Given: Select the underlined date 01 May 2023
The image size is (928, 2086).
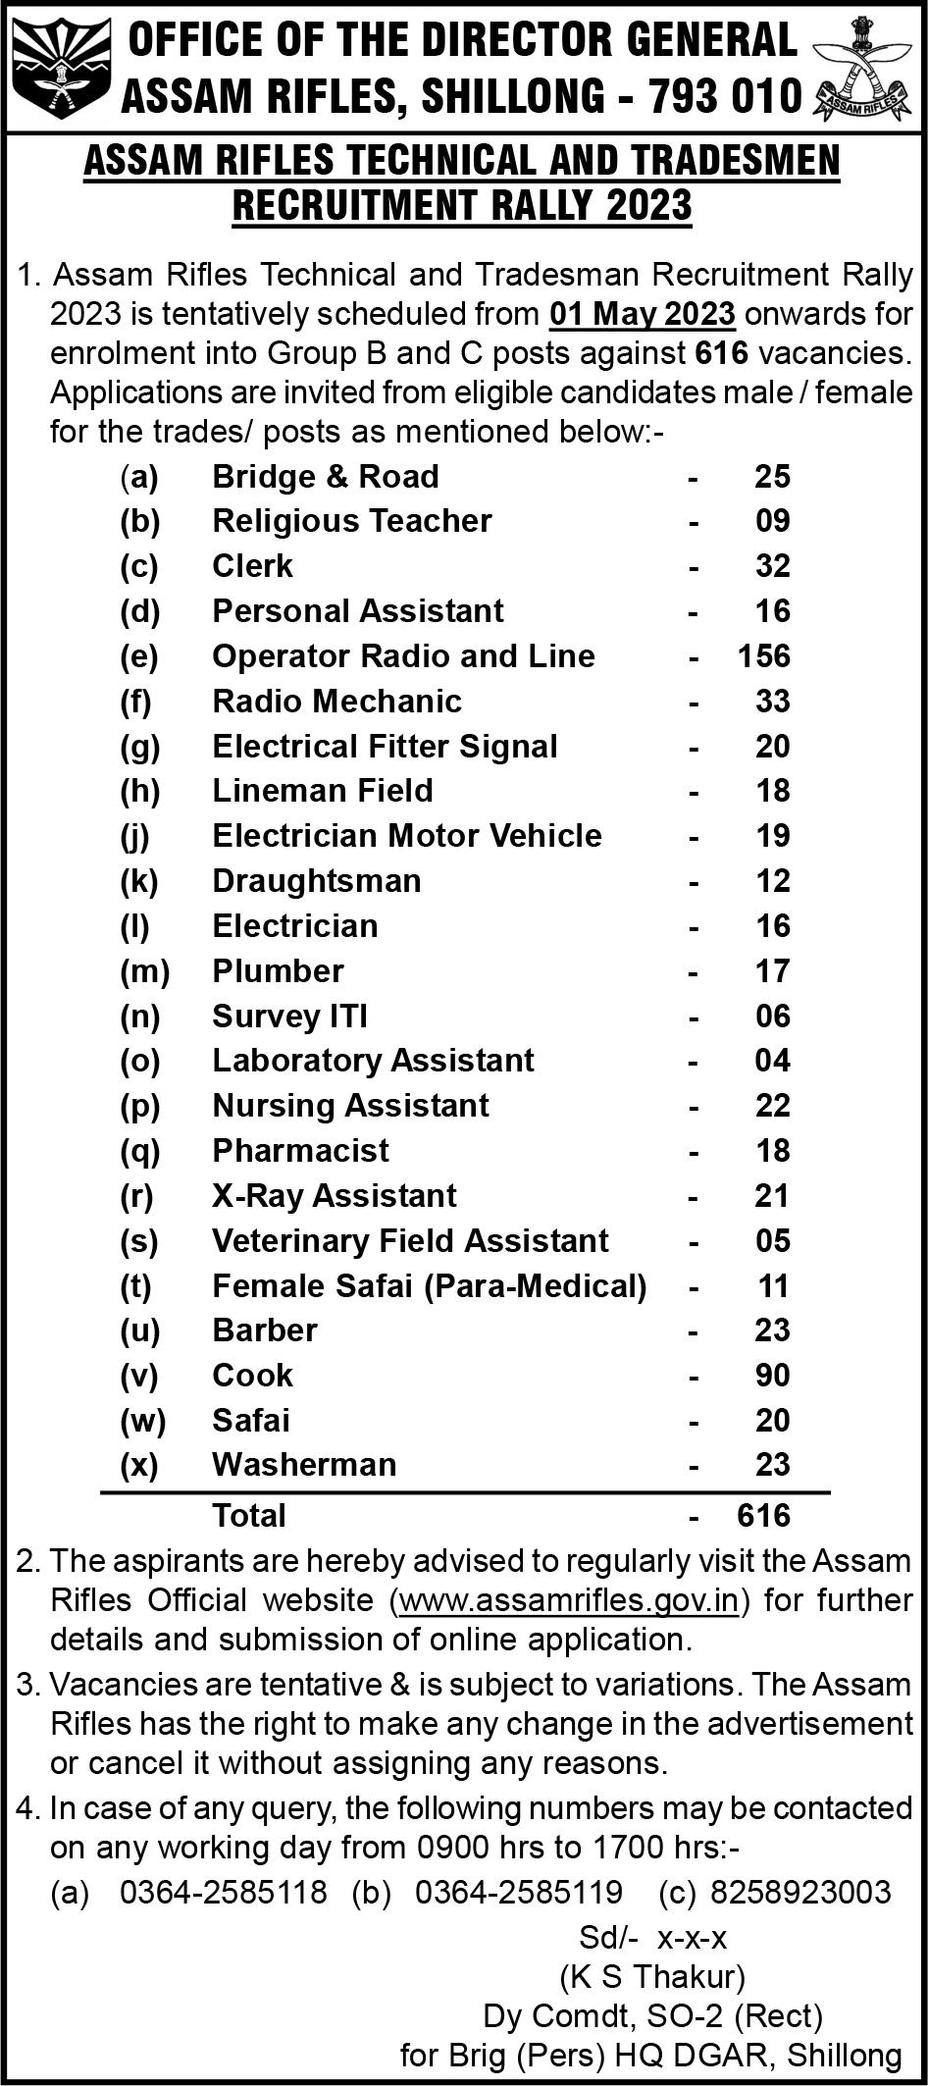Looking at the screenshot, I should click(643, 314).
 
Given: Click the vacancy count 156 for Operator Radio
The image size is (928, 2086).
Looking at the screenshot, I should click(764, 655).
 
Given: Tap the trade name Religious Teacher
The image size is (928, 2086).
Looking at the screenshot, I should click(352, 520).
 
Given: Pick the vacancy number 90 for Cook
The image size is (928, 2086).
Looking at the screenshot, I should click(772, 1375).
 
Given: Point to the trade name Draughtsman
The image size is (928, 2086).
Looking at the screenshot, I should click(317, 880).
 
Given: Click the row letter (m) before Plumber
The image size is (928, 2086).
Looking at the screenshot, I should click(144, 970).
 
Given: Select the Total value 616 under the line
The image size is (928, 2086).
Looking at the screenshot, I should click(764, 1515).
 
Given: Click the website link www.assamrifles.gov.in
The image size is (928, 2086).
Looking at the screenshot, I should click(569, 1599).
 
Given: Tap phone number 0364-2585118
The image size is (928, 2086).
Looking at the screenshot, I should click(224, 1892).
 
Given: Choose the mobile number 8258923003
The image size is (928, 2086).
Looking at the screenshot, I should click(800, 1892).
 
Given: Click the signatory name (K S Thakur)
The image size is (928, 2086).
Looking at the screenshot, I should click(652, 1974).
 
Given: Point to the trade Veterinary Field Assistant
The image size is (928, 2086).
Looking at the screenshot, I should click(410, 1240).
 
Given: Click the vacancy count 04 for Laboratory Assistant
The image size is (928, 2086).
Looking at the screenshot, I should click(772, 1060).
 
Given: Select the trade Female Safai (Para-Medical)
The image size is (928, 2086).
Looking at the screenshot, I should click(430, 1285).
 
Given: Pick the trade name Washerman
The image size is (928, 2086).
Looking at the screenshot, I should click(304, 1464).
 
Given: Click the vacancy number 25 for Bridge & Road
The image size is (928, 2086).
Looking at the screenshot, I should click(772, 476).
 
